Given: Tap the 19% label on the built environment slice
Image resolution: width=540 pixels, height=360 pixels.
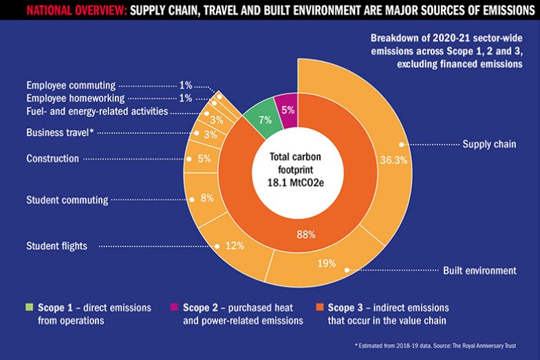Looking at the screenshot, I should tap(326, 262).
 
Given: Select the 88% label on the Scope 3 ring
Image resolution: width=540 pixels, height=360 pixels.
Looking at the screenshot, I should tap(305, 235).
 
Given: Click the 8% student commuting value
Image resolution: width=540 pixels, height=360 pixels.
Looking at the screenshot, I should tap(206, 199).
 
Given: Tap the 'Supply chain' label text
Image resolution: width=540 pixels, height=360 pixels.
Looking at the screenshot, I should tap(489, 144).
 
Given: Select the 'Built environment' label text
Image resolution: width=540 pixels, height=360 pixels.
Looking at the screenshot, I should tap(479, 271).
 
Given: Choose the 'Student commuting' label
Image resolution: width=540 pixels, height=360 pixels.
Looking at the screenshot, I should tap(67, 200).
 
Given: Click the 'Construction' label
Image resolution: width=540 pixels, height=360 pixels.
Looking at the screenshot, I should tap(52, 159).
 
